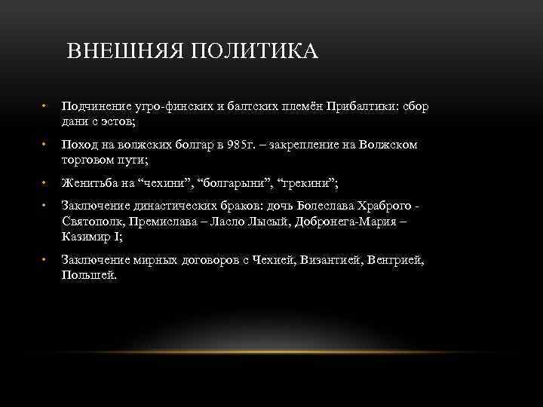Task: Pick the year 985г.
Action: [240, 145]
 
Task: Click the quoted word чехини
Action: [167, 182]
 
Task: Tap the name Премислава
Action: [167, 222]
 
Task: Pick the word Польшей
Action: [88, 274]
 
